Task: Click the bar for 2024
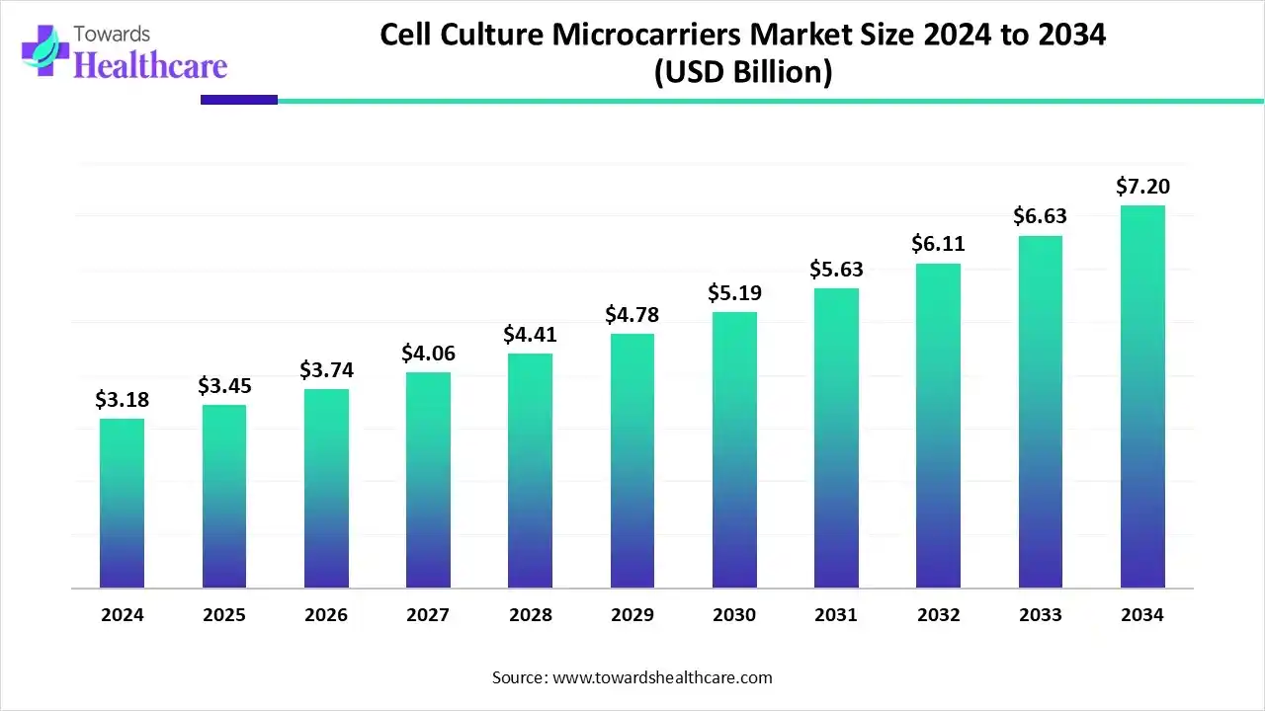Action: (122, 504)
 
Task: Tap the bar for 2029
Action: (632, 461)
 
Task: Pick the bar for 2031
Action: (836, 438)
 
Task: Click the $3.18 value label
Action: (121, 399)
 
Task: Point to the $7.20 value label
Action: (1141, 186)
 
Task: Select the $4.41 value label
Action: (530, 334)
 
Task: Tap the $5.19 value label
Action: (733, 292)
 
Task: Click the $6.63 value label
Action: (1040, 216)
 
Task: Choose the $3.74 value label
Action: (325, 369)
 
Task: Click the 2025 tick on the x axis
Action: (224, 615)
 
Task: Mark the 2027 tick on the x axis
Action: (428, 615)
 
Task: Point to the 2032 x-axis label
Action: (938, 615)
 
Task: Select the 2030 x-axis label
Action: (733, 615)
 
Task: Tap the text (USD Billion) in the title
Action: (742, 72)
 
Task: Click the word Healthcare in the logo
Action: (150, 65)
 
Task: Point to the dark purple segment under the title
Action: (238, 100)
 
